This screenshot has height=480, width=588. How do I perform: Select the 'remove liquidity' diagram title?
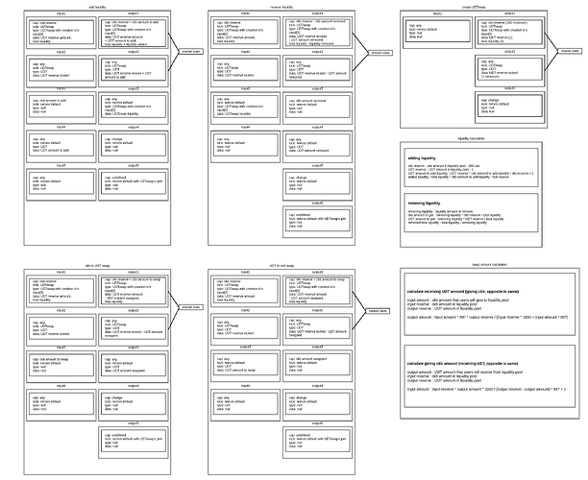click(x=282, y=6)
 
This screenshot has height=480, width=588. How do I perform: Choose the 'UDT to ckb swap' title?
click(x=282, y=262)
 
